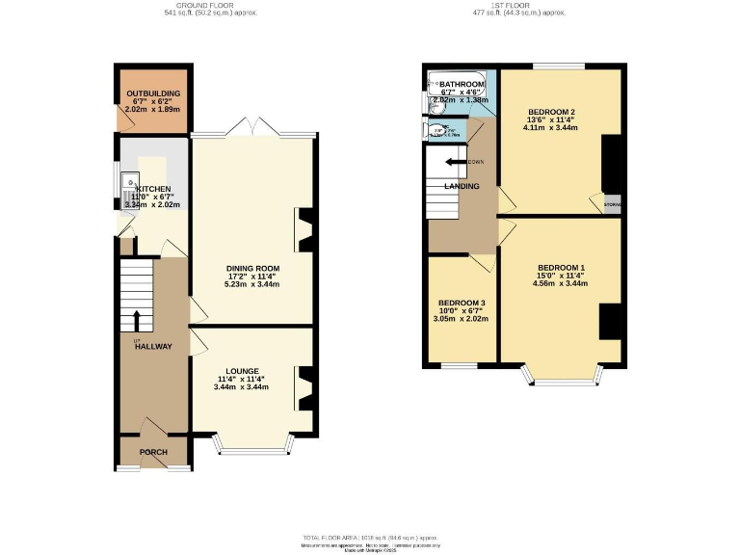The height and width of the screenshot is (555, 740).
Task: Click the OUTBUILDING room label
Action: [153, 93]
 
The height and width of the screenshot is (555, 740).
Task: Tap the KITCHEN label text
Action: [154, 189]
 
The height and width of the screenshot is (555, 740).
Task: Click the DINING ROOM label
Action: [252, 268]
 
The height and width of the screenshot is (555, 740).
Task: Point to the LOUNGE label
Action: [242, 370]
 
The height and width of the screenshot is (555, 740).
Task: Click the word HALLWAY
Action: [153, 347]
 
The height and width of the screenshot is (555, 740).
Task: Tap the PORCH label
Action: [153, 452]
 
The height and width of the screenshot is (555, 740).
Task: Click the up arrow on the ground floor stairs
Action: [136, 320]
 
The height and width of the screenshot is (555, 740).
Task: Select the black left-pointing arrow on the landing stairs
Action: [451, 162]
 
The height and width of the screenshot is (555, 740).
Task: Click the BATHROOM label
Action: [462, 85]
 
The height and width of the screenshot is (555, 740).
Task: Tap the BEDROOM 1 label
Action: [561, 267]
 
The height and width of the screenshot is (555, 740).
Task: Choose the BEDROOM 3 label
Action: [462, 303]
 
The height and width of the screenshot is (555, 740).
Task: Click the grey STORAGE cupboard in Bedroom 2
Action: [612, 204]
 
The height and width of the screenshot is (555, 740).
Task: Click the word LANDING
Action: [462, 186]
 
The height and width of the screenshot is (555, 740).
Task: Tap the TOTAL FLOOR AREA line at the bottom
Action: [370, 537]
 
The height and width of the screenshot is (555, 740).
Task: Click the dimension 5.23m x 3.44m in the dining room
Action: [252, 285]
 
